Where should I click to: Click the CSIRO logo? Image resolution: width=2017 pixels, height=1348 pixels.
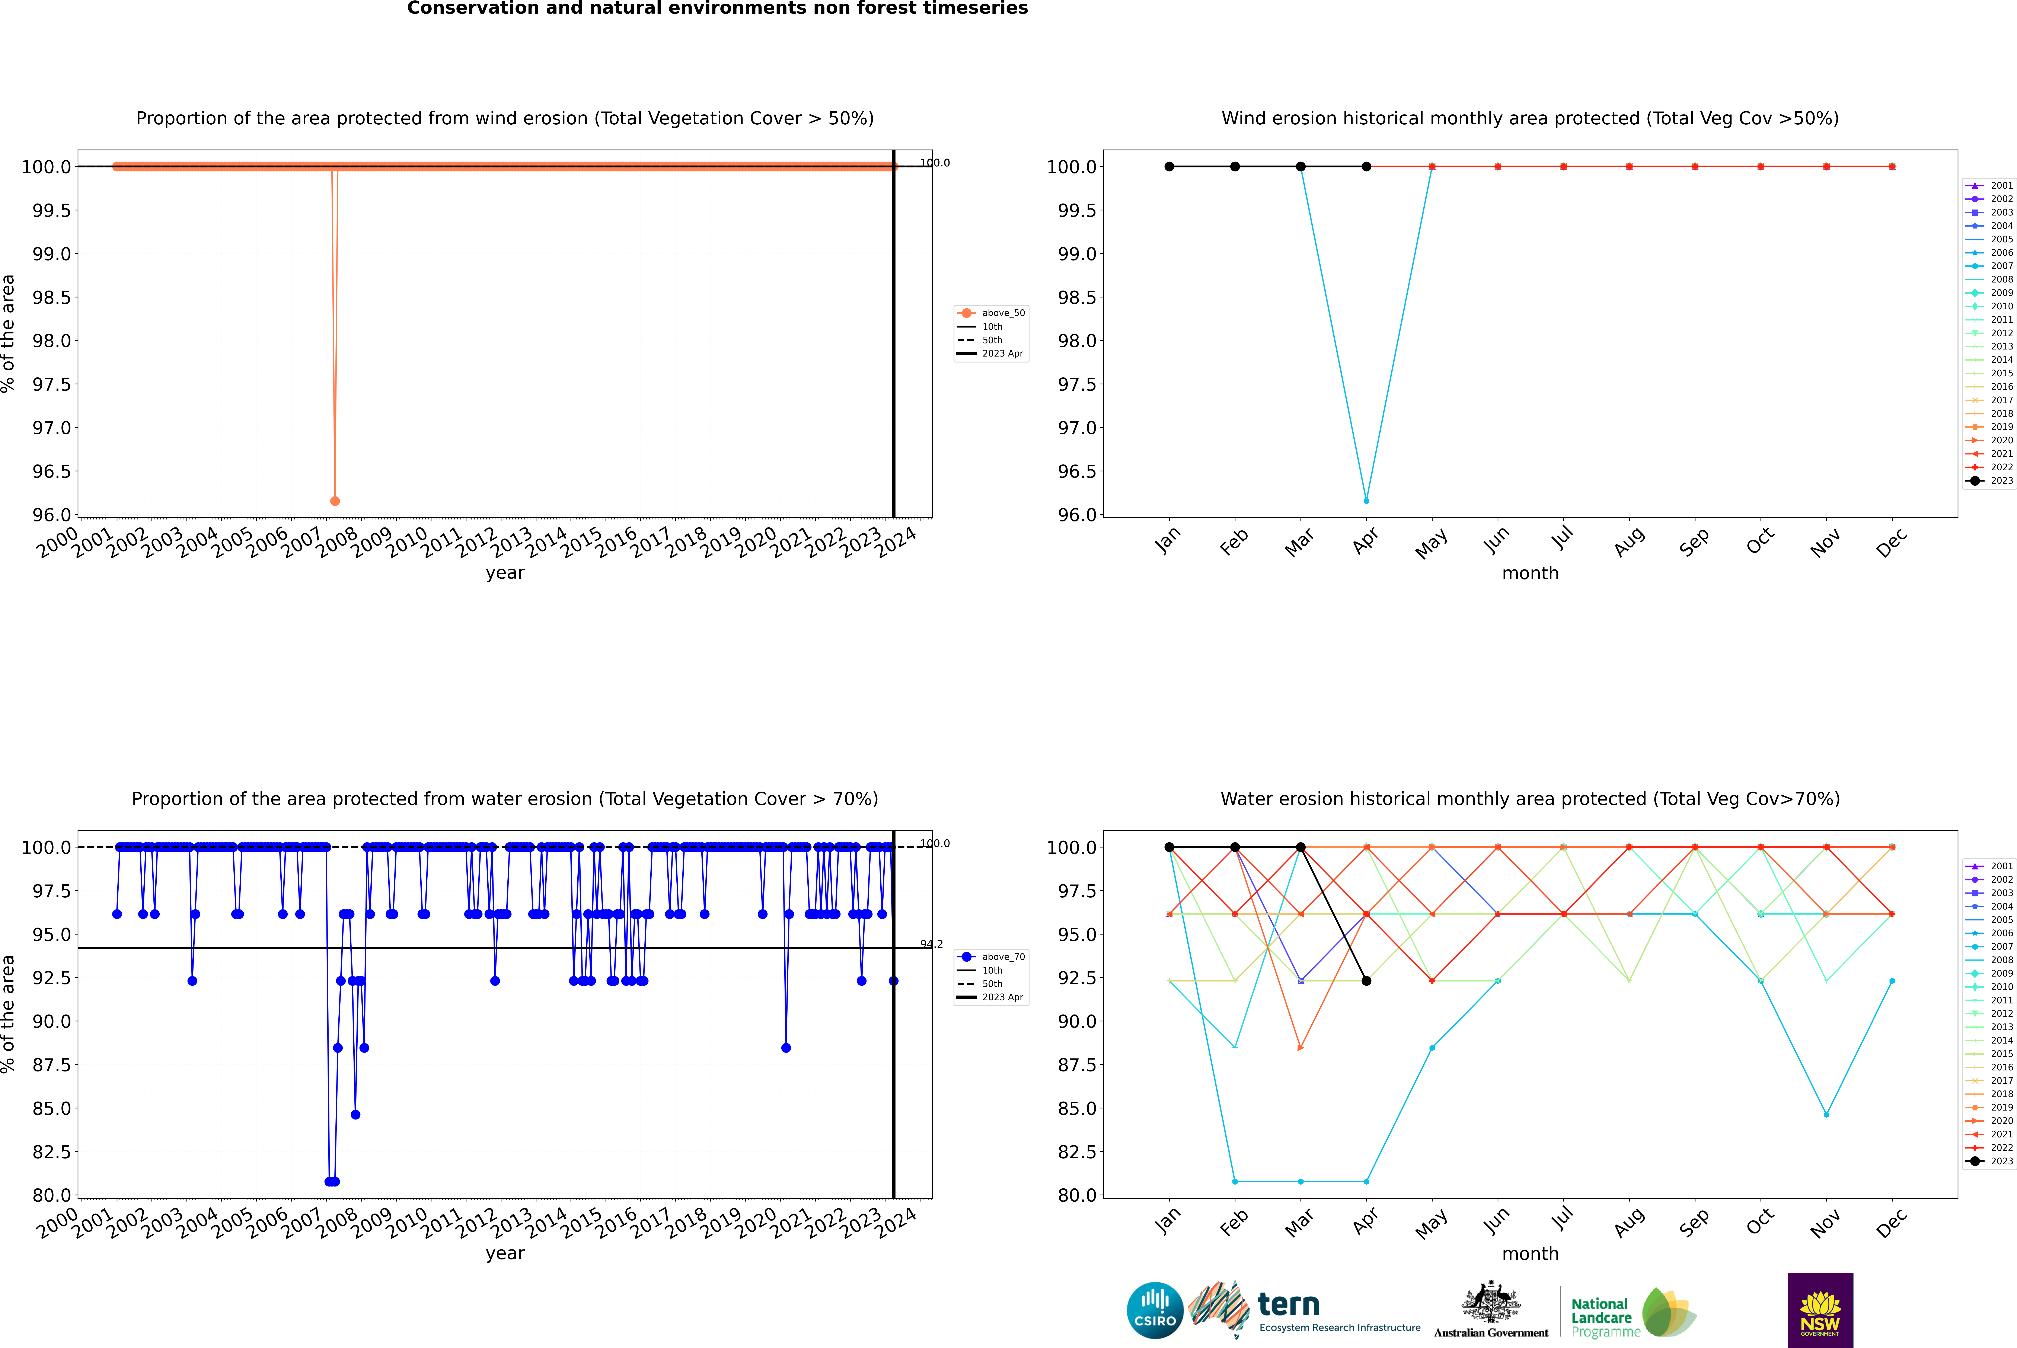pyautogui.click(x=1155, y=1310)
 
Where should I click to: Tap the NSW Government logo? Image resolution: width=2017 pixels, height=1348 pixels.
pyautogui.click(x=1820, y=1310)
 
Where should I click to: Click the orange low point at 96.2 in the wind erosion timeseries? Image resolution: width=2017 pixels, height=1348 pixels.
pyautogui.click(x=335, y=500)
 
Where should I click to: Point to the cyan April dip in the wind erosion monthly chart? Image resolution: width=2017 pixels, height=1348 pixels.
pyautogui.click(x=1366, y=500)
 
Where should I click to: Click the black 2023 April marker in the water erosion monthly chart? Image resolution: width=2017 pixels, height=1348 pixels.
pyautogui.click(x=1366, y=981)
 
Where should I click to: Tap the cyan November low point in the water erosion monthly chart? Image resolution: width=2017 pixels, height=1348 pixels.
pyautogui.click(x=1826, y=1114)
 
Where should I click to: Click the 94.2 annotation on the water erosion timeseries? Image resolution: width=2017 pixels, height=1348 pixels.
pyautogui.click(x=931, y=944)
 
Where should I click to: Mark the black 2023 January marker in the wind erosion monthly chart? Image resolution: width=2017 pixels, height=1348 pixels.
pyautogui.click(x=1169, y=167)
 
